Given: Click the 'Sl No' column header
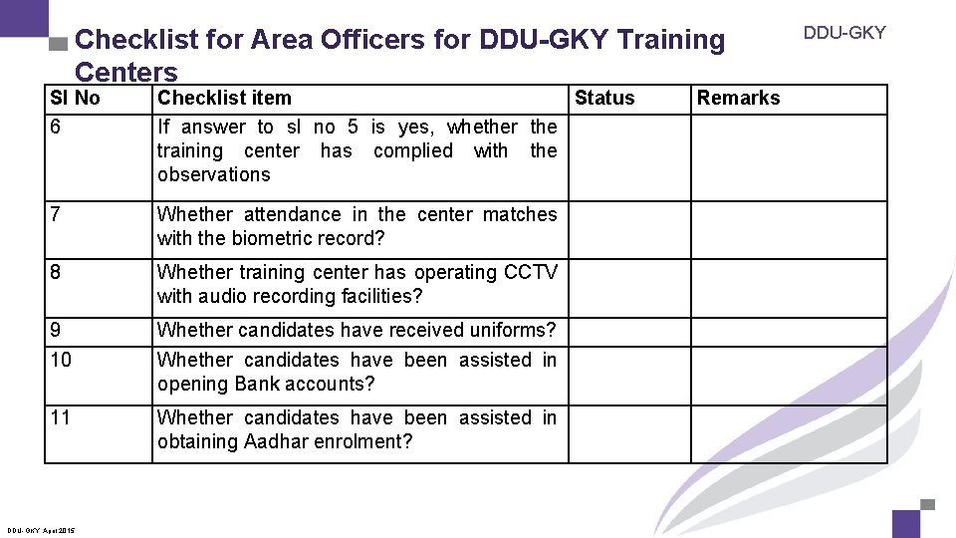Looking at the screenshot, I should (75, 98).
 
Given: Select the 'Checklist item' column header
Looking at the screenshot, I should (224, 98).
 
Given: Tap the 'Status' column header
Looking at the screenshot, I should (604, 98).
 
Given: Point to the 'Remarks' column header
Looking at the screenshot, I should (738, 98).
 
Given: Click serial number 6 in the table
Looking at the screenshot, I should (56, 128).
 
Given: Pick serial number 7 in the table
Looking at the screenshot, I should (56, 215).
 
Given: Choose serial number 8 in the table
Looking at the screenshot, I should (56, 273).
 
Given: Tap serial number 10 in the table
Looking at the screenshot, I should (61, 361).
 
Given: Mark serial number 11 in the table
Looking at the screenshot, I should (61, 418).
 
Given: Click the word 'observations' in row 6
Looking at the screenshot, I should (213, 174).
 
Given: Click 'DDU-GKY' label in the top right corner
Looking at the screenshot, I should (844, 33).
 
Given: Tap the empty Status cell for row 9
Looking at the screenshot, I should (628, 331).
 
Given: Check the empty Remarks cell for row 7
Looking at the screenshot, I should (774, 229).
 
